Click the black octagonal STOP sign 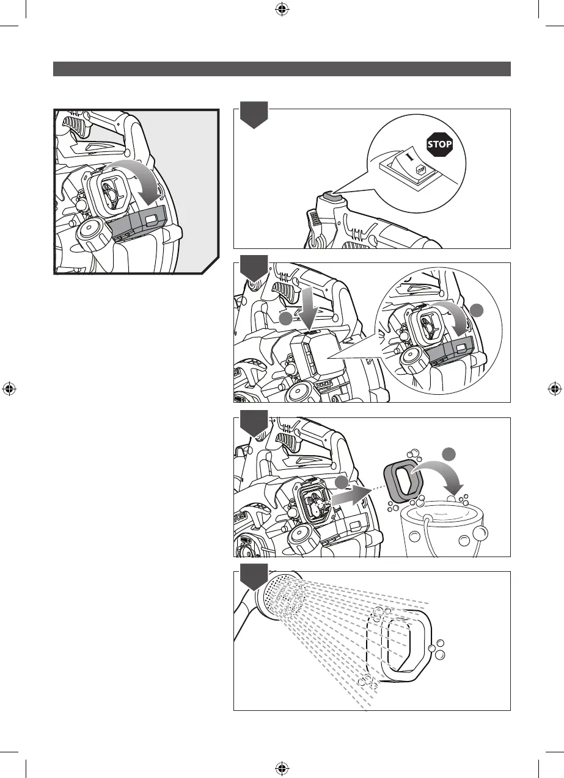[439, 144]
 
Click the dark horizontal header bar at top [282, 69]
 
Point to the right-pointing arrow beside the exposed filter [351, 495]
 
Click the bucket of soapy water [444, 528]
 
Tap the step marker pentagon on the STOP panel [254, 115]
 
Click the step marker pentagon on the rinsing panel [254, 577]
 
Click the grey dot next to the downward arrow [286, 319]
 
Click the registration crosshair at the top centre [281, 10]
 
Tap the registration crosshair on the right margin [555, 389]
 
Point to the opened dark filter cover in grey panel [137, 222]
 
